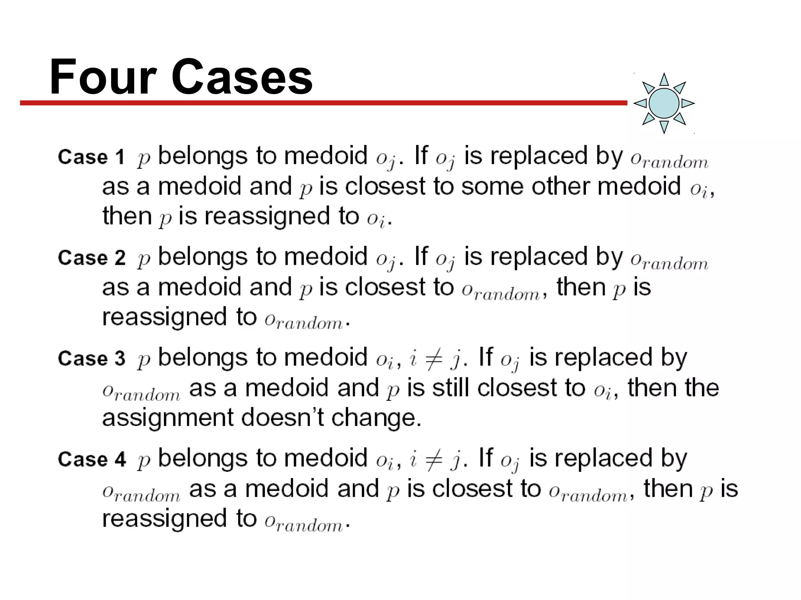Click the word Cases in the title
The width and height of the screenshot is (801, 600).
tap(242, 77)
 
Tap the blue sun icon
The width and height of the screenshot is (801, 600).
tap(664, 103)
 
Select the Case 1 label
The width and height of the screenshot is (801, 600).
tap(91, 157)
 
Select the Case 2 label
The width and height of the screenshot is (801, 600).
tap(92, 258)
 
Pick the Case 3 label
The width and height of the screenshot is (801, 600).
tap(92, 359)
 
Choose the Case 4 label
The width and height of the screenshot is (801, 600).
tap(92, 459)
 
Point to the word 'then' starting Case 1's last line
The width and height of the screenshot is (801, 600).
tap(127, 216)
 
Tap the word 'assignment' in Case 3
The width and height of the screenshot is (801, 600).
tap(167, 418)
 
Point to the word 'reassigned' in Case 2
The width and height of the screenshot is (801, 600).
tap(164, 317)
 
